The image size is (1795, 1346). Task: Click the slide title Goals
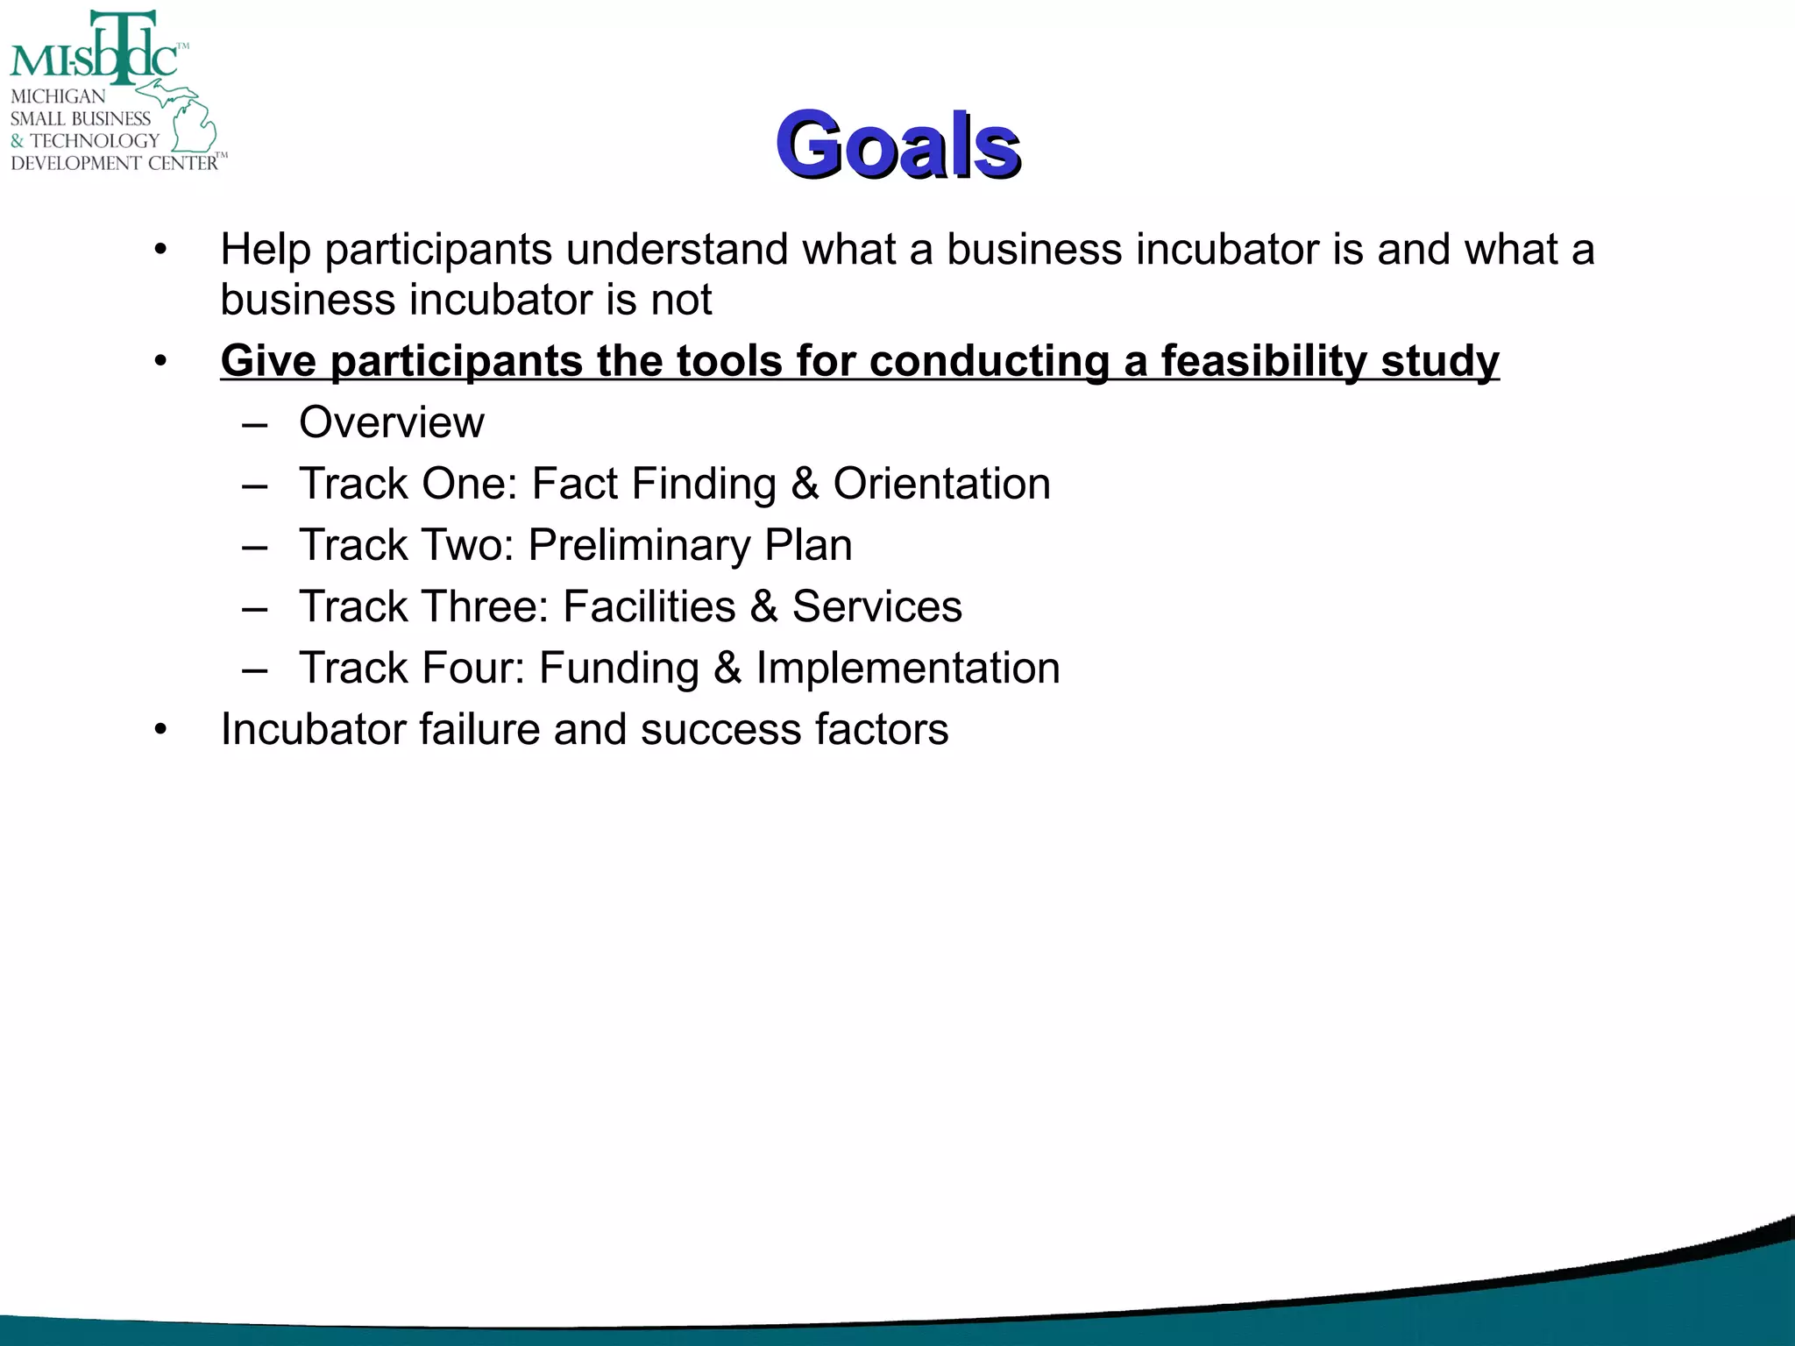click(897, 145)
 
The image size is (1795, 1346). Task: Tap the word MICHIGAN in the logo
click(58, 96)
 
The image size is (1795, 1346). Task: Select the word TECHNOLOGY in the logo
click(95, 141)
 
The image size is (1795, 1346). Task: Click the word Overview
click(391, 423)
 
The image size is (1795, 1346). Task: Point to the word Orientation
click(941, 484)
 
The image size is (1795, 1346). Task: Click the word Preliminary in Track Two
click(639, 546)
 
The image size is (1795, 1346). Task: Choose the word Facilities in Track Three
click(649, 606)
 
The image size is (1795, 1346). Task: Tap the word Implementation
click(908, 668)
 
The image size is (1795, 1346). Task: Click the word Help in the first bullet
click(266, 250)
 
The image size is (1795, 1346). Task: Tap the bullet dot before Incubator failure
click(160, 730)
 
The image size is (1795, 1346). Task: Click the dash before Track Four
click(255, 670)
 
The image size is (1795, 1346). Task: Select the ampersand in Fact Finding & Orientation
click(805, 484)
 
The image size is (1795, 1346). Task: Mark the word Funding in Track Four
click(619, 668)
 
